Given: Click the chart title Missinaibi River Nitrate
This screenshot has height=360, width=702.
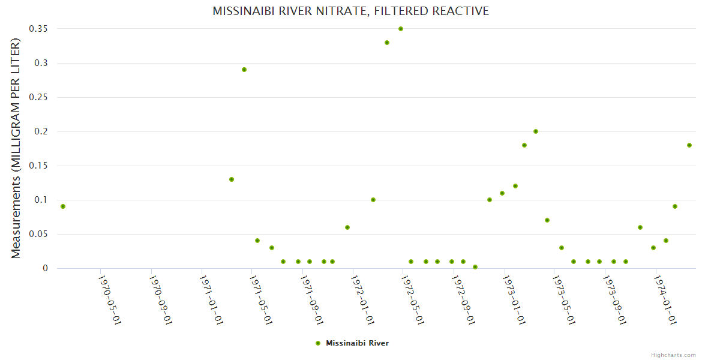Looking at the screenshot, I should (x=350, y=11).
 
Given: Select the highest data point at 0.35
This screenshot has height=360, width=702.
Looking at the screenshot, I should (x=401, y=29).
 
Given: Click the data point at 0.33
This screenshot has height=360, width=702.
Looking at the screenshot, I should (x=387, y=43).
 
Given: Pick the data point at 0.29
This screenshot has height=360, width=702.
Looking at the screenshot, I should (x=244, y=70).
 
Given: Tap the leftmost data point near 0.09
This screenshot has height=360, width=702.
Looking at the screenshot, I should (x=63, y=206).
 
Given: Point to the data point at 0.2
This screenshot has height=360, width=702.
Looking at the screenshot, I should (x=536, y=131).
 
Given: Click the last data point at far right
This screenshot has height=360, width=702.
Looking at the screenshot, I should (x=689, y=145).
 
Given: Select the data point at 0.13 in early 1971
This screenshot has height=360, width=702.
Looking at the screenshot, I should (x=232, y=179).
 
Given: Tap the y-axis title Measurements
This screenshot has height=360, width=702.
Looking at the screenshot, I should (x=16, y=148).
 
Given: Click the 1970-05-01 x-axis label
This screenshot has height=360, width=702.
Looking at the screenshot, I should (x=110, y=299).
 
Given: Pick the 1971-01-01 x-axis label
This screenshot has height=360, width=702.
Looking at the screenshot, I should (x=211, y=299).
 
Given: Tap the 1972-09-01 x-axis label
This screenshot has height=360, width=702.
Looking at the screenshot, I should (x=463, y=299).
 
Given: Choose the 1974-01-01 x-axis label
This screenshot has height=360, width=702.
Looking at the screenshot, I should (x=665, y=299).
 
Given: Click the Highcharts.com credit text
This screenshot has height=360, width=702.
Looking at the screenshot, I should (x=673, y=355).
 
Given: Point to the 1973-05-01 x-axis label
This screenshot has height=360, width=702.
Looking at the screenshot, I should (x=564, y=299).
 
